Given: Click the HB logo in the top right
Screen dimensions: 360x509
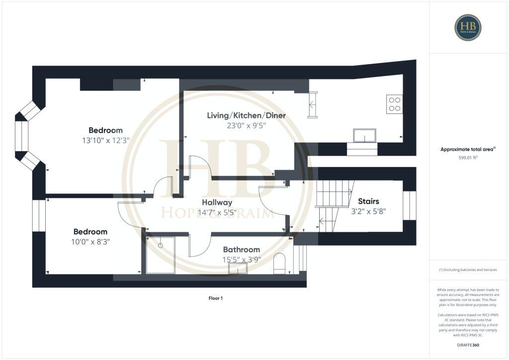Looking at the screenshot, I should tap(468, 27).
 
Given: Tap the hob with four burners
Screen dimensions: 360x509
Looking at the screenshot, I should tap(394, 104).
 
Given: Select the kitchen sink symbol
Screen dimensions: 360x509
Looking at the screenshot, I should tap(364, 135).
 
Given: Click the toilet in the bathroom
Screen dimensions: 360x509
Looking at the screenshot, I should tap(280, 264).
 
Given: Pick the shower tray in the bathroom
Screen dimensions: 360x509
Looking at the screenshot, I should tap(161, 255).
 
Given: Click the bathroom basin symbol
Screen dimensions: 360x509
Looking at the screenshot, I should tap(238, 268).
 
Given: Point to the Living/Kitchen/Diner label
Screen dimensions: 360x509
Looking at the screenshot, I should tap(246, 115).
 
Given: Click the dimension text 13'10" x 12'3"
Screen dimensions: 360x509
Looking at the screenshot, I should tap(105, 140).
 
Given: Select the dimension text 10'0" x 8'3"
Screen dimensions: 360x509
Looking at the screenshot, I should tap(90, 242).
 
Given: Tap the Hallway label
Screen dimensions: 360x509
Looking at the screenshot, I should tap(217, 202).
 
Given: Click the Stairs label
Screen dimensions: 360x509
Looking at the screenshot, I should tap(368, 201).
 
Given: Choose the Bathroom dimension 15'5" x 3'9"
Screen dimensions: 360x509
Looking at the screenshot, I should tap(241, 259).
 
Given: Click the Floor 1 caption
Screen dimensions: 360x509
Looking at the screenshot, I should tap(215, 298).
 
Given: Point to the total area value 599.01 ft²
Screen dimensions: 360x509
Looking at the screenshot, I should tap(468, 158).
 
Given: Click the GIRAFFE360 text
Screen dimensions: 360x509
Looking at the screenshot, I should tap(468, 345).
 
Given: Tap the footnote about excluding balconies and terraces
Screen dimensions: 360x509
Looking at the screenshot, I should tap(468, 270).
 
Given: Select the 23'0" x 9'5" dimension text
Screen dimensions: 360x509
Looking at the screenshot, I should tap(246, 125).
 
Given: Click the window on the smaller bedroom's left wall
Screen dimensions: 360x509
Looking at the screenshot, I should tap(39, 215).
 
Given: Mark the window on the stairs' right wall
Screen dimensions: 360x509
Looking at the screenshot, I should tap(409, 205).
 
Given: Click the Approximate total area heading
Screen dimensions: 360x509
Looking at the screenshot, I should tap(468, 149).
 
